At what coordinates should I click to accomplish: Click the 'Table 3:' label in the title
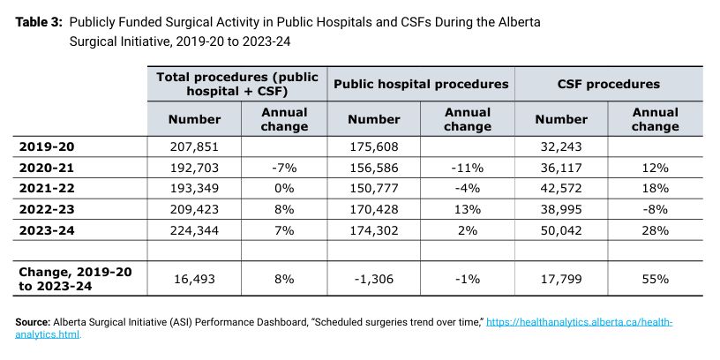click(x=39, y=23)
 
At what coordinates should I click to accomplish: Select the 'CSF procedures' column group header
click(x=609, y=84)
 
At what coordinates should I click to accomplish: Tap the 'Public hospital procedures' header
click(x=421, y=84)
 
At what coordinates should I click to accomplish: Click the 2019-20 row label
click(x=47, y=146)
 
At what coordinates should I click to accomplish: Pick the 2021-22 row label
click(x=47, y=188)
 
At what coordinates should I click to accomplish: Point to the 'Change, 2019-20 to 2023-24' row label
click(x=75, y=279)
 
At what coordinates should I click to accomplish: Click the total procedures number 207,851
click(x=194, y=147)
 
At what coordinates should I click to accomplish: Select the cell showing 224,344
click(x=194, y=230)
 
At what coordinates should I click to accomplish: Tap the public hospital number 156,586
click(x=374, y=168)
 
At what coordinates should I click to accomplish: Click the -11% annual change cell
click(x=468, y=168)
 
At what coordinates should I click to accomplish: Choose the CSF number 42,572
click(x=561, y=189)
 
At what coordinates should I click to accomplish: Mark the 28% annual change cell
click(x=656, y=230)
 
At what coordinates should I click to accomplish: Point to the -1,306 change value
click(x=374, y=279)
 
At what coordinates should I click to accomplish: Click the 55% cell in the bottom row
click(x=656, y=279)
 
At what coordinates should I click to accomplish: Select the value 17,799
click(x=561, y=279)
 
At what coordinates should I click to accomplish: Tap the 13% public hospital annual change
click(x=468, y=210)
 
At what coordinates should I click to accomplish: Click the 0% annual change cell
click(x=284, y=189)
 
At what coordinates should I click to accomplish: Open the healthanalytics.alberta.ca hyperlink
click(x=343, y=328)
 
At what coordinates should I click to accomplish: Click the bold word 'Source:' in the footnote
click(x=33, y=322)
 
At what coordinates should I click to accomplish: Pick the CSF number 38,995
click(x=561, y=210)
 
